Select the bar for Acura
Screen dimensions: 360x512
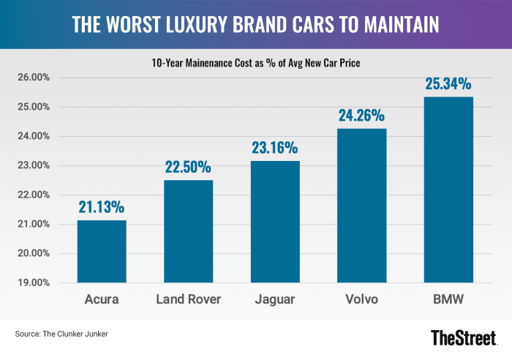pyautogui.click(x=102, y=251)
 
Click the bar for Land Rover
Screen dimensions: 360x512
pyautogui.click(x=188, y=231)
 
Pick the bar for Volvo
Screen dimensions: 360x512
pyautogui.click(x=361, y=206)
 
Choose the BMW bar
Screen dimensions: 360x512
pyautogui.click(x=448, y=190)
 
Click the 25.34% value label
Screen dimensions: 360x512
pyautogui.click(x=448, y=84)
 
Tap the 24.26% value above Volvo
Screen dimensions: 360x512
pyautogui.click(x=361, y=116)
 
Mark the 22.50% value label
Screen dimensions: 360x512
pyautogui.click(x=188, y=168)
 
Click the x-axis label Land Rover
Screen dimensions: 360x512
pyautogui.click(x=188, y=299)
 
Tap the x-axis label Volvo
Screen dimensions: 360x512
pyautogui.click(x=361, y=299)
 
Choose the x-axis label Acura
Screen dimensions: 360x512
pyautogui.click(x=102, y=299)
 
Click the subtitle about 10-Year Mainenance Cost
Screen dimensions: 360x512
pyautogui.click(x=255, y=64)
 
